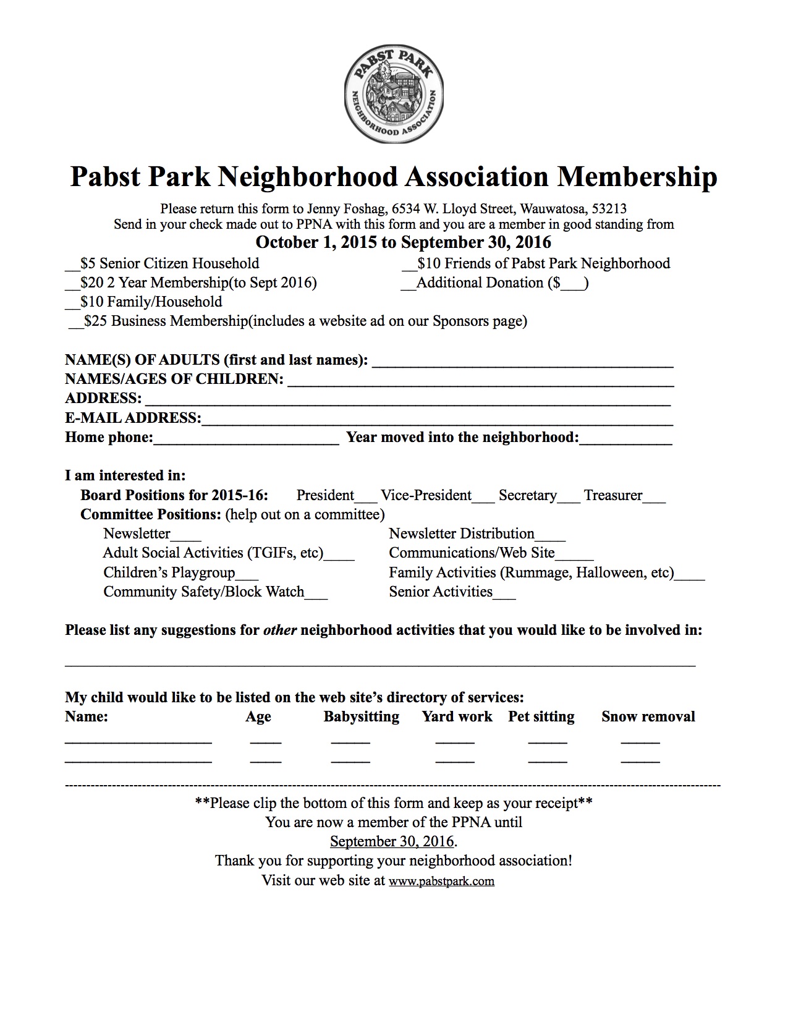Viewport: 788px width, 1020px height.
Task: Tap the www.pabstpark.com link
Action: tap(441, 881)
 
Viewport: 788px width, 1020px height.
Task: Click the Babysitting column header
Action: tap(361, 716)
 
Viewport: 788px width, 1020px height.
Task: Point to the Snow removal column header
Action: tap(648, 716)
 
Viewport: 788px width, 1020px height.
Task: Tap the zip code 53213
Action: tap(609, 209)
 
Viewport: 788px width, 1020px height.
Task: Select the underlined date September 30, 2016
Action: tap(392, 841)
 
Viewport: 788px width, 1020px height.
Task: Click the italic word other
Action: tap(280, 631)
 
